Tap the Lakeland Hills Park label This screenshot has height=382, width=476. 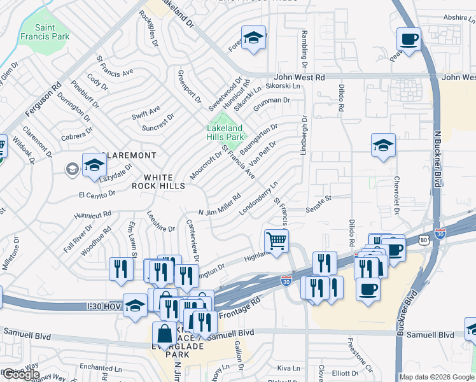225,132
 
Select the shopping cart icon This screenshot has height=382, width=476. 277,241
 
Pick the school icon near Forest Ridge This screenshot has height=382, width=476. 253,38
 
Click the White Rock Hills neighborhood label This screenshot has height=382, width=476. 158,181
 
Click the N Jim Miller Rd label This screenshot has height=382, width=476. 220,205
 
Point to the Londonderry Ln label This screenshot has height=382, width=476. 260,198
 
